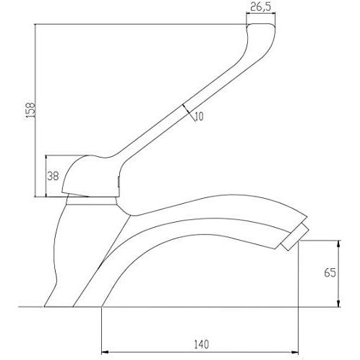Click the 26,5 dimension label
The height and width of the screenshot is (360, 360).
click(x=260, y=7)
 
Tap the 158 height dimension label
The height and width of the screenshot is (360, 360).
click(x=31, y=111)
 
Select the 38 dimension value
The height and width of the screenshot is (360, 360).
click(x=53, y=176)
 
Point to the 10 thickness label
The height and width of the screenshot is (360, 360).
click(x=200, y=116)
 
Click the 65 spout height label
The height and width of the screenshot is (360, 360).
click(x=330, y=273)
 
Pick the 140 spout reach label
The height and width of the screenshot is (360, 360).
click(x=202, y=345)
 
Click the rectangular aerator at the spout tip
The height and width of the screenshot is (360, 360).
click(x=295, y=237)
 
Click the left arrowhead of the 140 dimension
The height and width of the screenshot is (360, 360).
click(x=105, y=352)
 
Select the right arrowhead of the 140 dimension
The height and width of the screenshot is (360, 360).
click(x=295, y=352)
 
